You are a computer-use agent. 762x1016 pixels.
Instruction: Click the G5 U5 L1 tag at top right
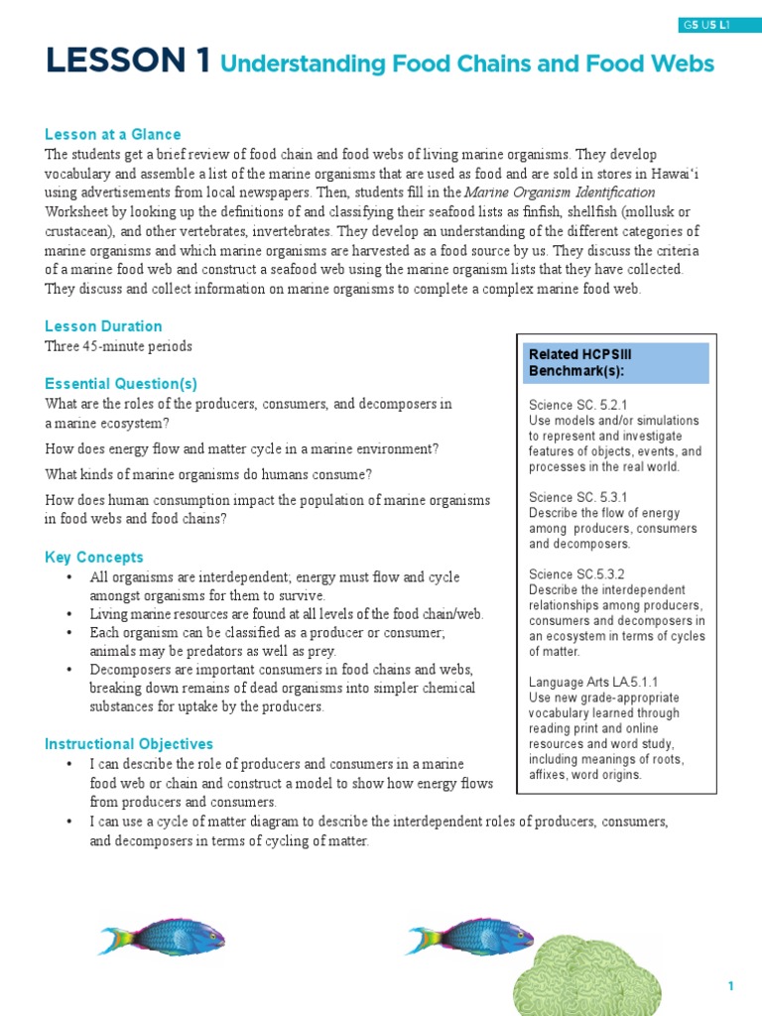pos(705,25)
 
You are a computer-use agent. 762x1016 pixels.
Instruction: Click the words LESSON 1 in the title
pos(127,63)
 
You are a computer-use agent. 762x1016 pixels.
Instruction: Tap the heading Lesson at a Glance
pos(112,134)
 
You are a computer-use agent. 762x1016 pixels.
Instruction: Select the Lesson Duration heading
pos(103,326)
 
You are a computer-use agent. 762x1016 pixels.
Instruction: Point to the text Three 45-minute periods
pos(118,346)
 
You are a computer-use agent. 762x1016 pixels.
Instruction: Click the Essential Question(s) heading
pos(121,384)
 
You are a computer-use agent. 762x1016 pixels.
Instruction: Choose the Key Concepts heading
pos(94,558)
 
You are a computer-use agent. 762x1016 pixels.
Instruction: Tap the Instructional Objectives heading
pos(129,744)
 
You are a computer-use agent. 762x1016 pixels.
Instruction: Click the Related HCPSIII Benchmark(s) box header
pos(615,362)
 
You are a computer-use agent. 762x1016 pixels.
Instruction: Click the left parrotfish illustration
pos(162,936)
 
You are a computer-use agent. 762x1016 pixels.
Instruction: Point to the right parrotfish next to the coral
pos(470,936)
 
